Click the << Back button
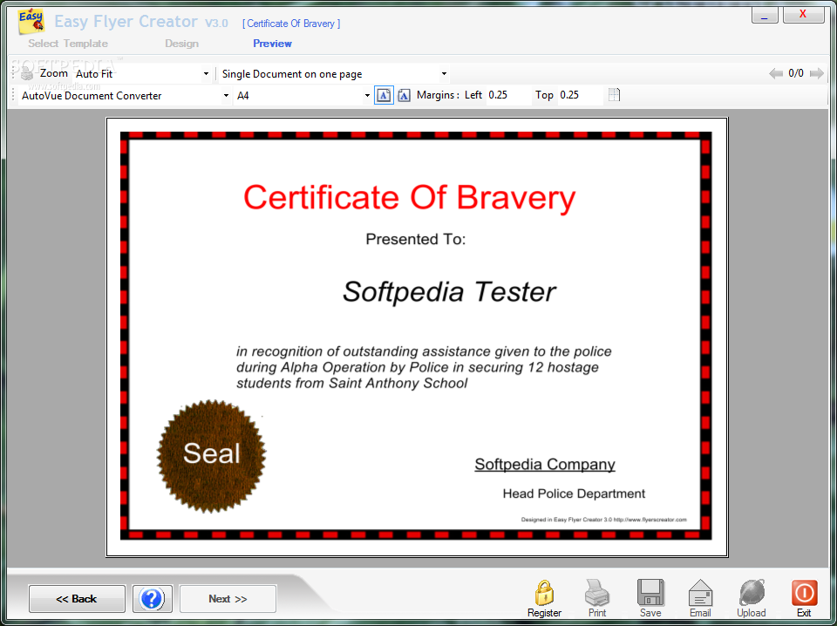(77, 599)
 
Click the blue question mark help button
(152, 598)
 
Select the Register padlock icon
(544, 593)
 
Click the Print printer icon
(597, 593)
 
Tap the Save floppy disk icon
(650, 592)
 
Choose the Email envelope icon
(700, 593)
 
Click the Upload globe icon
(752, 593)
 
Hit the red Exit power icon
(804, 592)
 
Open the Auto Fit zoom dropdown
(141, 73)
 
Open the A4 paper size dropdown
(303, 96)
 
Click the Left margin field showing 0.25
(508, 95)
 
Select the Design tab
(181, 44)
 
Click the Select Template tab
(68, 44)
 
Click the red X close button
(803, 15)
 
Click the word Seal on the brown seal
(211, 453)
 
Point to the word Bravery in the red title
(516, 198)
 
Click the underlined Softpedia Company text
(545, 465)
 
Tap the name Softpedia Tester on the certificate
(449, 292)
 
